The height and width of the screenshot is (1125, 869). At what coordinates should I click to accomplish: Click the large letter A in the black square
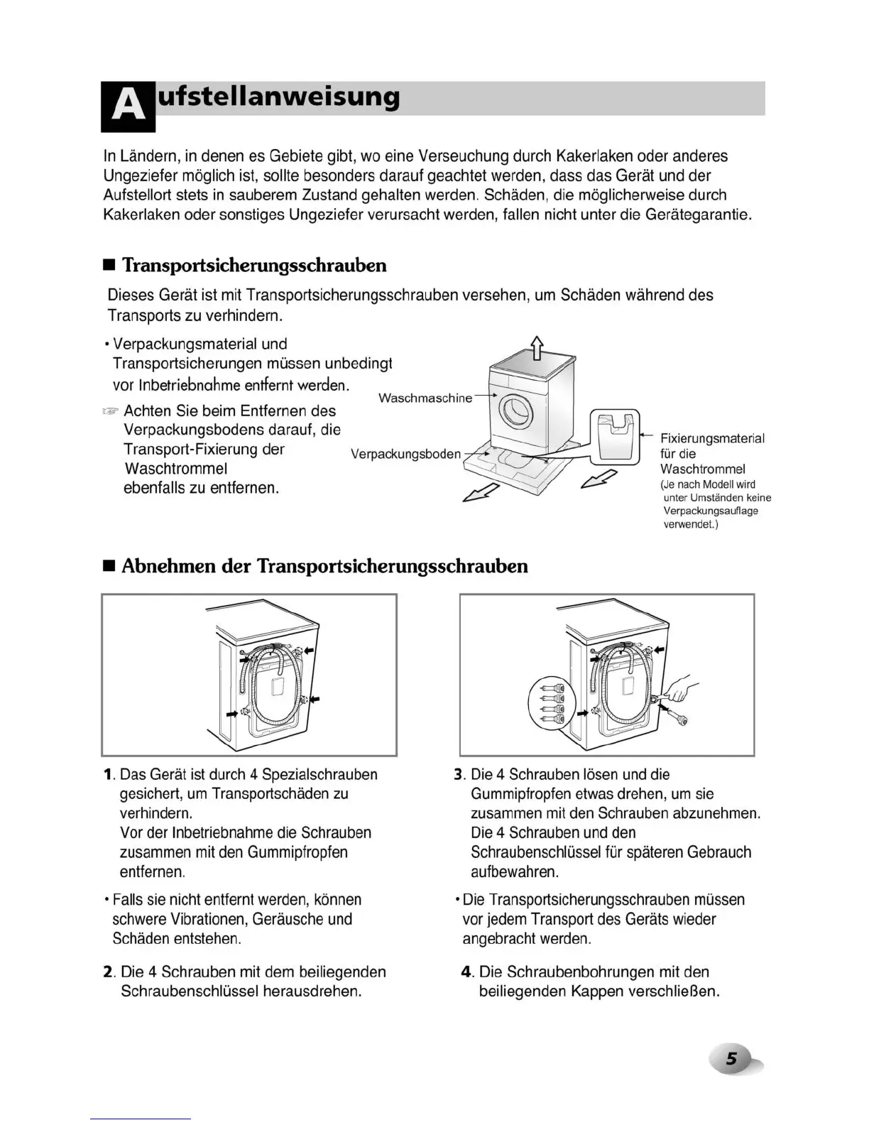(128, 107)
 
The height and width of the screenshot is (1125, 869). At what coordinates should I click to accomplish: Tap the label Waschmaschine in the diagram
(425, 398)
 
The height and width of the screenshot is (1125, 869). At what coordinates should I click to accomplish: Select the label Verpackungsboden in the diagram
(405, 454)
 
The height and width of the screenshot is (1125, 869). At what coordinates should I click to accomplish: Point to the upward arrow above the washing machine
(537, 347)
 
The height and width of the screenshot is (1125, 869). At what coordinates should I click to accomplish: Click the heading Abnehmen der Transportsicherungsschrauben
(324, 566)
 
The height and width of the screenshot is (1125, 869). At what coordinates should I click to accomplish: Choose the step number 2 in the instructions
(109, 972)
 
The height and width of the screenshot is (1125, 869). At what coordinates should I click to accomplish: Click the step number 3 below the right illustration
(459, 775)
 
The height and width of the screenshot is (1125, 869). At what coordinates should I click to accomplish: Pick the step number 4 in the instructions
(466, 972)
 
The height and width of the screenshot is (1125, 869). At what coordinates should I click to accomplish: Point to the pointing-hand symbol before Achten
(110, 411)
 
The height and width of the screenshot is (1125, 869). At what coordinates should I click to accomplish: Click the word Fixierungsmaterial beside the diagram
(712, 439)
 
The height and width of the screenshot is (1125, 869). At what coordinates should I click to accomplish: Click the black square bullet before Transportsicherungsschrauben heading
(109, 266)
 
